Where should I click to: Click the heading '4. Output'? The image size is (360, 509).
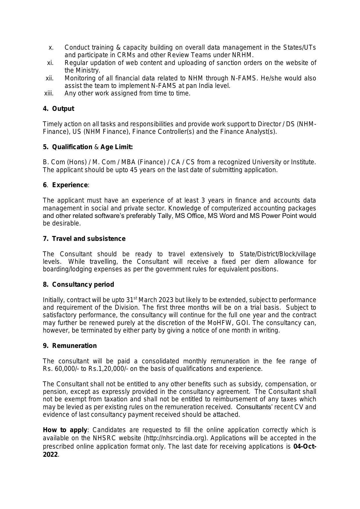(x=59, y=109)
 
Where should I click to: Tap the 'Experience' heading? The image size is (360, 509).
(x=70, y=185)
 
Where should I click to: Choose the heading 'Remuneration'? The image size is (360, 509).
(x=74, y=346)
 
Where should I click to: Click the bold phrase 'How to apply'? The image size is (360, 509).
(x=65, y=430)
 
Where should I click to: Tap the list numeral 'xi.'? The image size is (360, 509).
(x=50, y=63)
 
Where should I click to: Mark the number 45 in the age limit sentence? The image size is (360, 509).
(x=133, y=170)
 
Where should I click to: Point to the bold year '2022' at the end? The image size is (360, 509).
(x=50, y=455)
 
